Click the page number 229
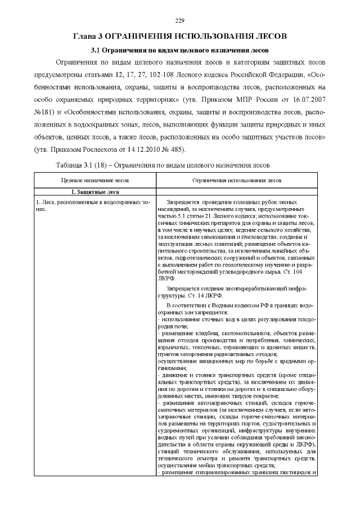180,21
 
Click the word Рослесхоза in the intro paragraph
99,150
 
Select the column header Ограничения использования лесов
236,181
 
